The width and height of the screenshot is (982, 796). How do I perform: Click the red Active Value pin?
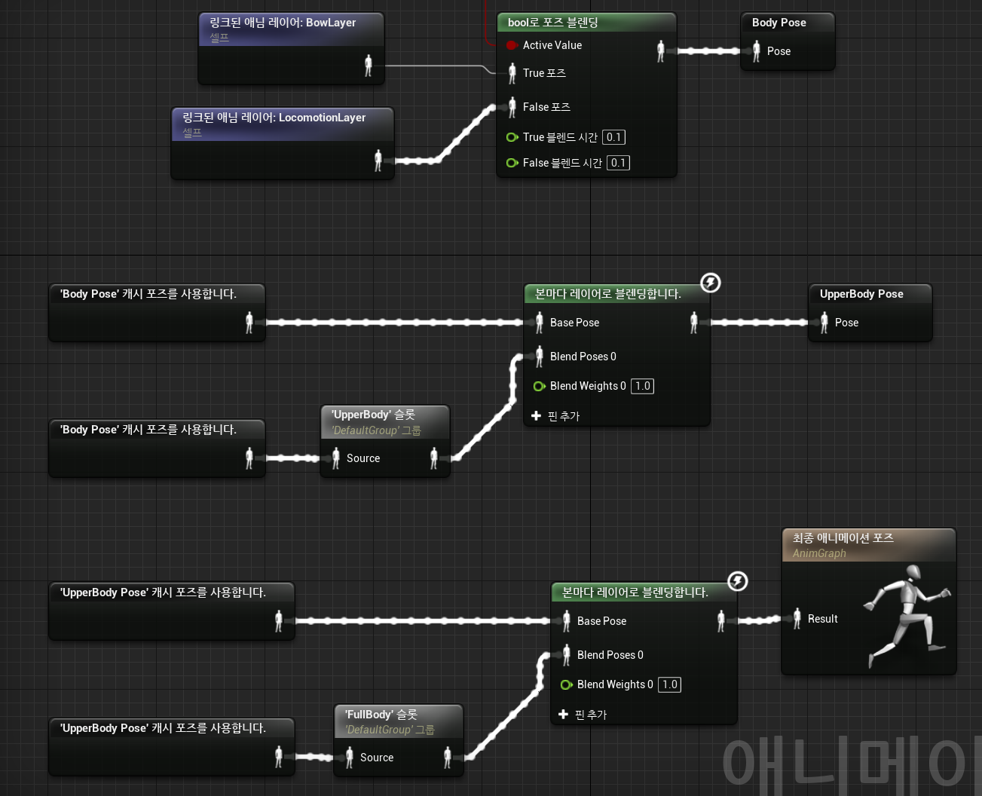click(x=512, y=45)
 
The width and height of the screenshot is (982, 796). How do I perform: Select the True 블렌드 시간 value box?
click(x=613, y=137)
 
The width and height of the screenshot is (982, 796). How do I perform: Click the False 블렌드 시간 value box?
click(x=618, y=163)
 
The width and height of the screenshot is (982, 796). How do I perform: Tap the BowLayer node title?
click(x=283, y=23)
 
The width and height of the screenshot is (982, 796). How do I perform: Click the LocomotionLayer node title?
click(x=274, y=118)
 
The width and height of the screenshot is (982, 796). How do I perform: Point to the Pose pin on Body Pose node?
click(x=757, y=51)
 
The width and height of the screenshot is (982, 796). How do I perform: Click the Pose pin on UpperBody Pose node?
click(x=824, y=323)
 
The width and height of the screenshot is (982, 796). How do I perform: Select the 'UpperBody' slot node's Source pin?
click(x=336, y=458)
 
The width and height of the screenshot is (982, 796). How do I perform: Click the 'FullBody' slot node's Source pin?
click(x=350, y=758)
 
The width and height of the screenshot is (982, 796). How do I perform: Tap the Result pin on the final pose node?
click(x=797, y=619)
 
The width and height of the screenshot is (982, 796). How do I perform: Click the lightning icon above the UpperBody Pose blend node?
click(x=711, y=283)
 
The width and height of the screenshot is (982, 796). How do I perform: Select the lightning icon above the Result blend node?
click(x=738, y=581)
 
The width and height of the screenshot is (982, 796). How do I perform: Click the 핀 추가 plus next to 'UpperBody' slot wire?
click(x=536, y=416)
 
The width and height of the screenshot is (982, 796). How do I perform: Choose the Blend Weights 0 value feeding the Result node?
click(x=669, y=684)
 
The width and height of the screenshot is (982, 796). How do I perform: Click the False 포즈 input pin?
click(x=512, y=107)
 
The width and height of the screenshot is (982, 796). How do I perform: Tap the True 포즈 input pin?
click(x=512, y=73)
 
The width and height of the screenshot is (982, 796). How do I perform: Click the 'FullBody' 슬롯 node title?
click(x=381, y=715)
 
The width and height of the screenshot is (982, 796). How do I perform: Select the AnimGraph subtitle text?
click(x=819, y=553)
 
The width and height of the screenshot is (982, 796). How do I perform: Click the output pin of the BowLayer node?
click(x=369, y=66)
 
